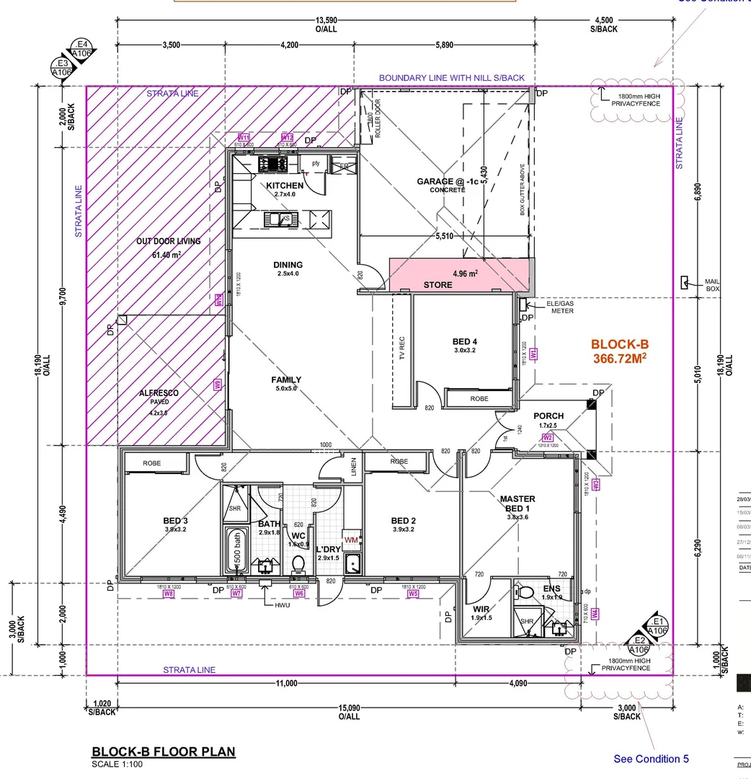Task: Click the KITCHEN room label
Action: (285, 185)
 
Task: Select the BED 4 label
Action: (465, 341)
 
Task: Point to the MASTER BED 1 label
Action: (517, 503)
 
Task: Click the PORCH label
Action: (548, 416)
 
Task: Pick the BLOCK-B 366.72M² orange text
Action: (620, 351)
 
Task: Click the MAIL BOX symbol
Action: (685, 283)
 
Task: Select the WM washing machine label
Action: (352, 540)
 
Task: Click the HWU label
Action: (282, 605)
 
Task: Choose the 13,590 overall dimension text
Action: (326, 21)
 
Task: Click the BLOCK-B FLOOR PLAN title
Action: (164, 752)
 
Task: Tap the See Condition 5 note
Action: (651, 758)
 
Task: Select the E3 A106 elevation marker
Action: (62, 69)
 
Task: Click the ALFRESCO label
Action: (159, 393)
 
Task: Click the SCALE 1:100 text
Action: (117, 764)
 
